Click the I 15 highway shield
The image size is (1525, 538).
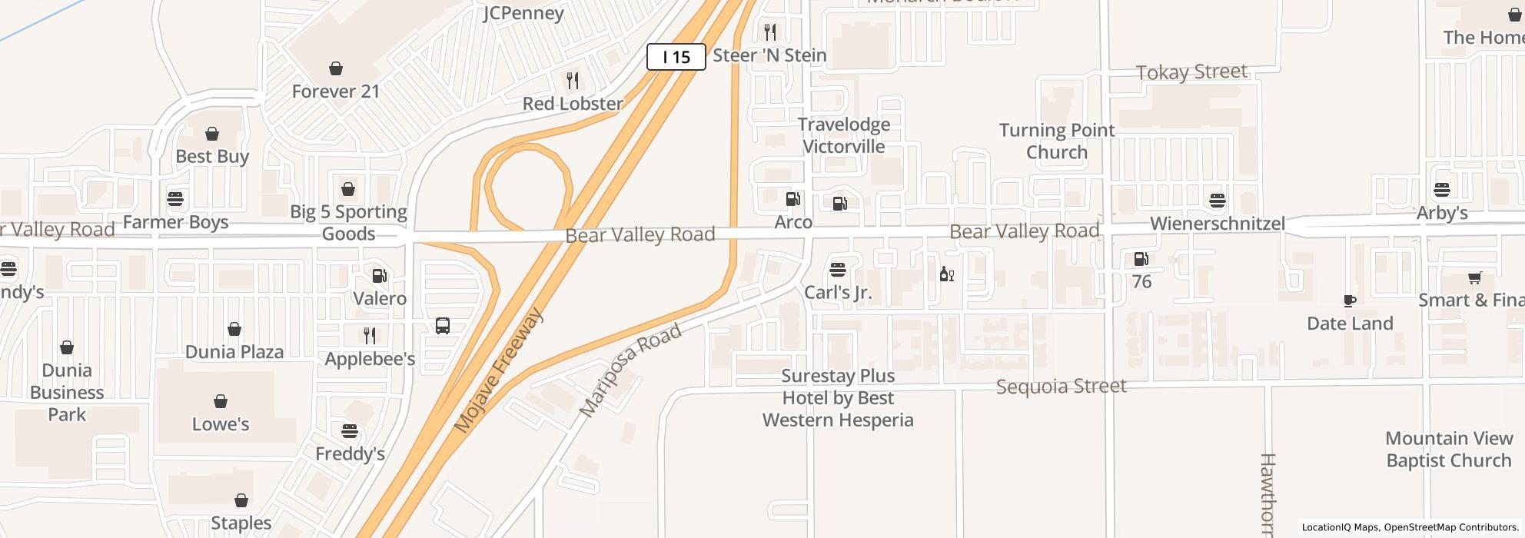pos(676,57)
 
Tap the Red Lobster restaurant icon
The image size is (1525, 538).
pos(573,81)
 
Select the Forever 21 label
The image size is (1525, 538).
pos(336,91)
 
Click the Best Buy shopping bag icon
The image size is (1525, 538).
pos(212,134)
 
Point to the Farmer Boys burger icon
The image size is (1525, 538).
pos(175,199)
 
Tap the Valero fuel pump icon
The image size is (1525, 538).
pos(380,276)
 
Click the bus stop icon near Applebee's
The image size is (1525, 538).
pos(443,326)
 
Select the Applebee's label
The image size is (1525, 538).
pos(370,359)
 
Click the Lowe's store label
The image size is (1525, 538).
pos(221,424)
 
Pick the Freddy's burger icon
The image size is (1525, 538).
pos(350,431)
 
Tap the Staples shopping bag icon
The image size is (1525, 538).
pos(241,500)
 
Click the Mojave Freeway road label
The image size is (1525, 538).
pos(498,370)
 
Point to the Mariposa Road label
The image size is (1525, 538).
pos(630,370)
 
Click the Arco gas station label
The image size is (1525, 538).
pos(793,223)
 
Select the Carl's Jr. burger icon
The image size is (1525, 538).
pos(838,270)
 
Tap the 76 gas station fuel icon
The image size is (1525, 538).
pos(1141,259)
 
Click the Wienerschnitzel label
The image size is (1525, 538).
pos(1218,224)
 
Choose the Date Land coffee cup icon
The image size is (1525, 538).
pos(1350,301)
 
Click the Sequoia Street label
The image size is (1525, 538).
pos(1061,386)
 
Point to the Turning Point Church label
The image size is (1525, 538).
pos(1057,141)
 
